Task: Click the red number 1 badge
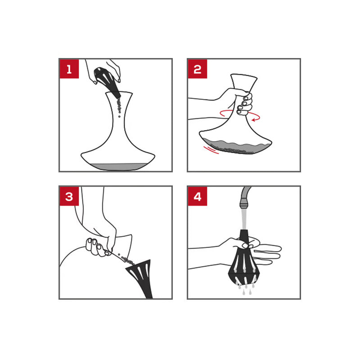pos(69,69)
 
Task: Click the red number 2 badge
pos(198,69)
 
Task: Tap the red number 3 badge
pos(69,196)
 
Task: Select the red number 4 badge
pos(198,196)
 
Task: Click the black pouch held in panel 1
pos(107,81)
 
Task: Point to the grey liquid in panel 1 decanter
pos(118,166)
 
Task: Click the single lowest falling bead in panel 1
pos(119,117)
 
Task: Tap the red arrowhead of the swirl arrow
pos(254,120)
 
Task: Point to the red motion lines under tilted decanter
pos(211,150)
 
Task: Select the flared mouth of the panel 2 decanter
pos(243,81)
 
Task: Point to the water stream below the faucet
pos(244,219)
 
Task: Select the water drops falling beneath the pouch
pos(246,289)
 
